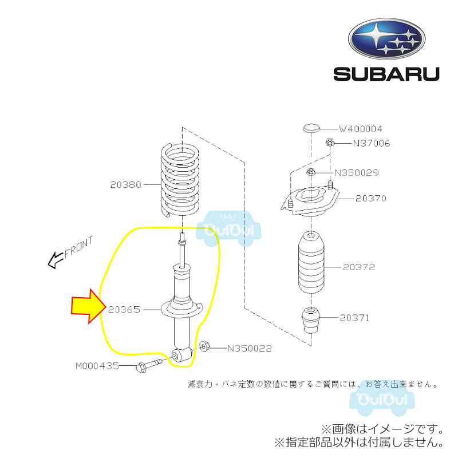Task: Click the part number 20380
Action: [x=125, y=185]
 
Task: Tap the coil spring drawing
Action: [x=180, y=180]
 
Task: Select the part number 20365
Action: [x=124, y=310]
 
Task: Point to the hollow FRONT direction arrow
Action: [x=56, y=260]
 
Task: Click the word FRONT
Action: [x=78, y=247]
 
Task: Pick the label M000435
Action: [x=97, y=366]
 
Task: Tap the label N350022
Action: [x=250, y=348]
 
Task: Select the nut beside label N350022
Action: [x=204, y=346]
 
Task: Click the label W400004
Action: [x=360, y=129]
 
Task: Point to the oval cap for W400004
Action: [x=311, y=128]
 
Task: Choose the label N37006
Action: [x=371, y=143]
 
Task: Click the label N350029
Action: [x=356, y=173]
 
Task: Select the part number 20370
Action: [x=370, y=198]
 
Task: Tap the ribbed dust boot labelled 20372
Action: [x=311, y=262]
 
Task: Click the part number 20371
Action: [x=354, y=318]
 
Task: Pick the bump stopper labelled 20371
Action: [x=311, y=320]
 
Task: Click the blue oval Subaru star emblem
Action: [x=386, y=39]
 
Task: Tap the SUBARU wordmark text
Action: [x=386, y=74]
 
